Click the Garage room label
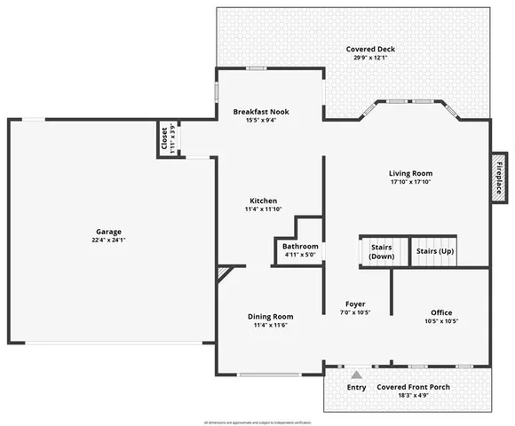(110, 232)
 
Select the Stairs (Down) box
(381, 251)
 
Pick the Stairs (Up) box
(435, 251)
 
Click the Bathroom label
(300, 246)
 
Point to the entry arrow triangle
(356, 375)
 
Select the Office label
(441, 312)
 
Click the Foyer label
(355, 304)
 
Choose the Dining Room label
(270, 316)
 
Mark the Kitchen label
(263, 201)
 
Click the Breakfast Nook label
(267, 112)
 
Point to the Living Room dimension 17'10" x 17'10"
(410, 182)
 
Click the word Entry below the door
(356, 387)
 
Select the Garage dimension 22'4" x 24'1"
(110, 241)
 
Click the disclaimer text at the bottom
(257, 422)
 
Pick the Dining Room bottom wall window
(269, 375)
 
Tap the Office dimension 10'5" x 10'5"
(441, 321)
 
